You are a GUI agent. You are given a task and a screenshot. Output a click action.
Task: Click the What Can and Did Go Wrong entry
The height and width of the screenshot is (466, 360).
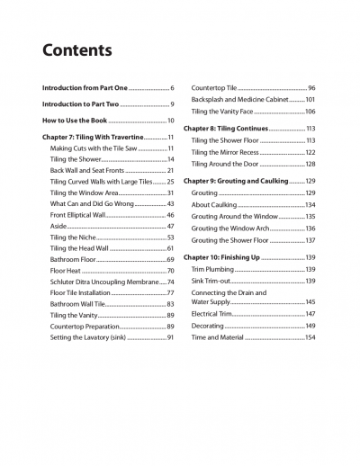coord(94,203)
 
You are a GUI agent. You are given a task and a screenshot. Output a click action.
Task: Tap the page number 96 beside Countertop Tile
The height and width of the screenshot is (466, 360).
coord(311,87)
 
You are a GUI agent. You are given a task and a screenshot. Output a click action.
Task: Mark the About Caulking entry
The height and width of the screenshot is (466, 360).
coord(214,205)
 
